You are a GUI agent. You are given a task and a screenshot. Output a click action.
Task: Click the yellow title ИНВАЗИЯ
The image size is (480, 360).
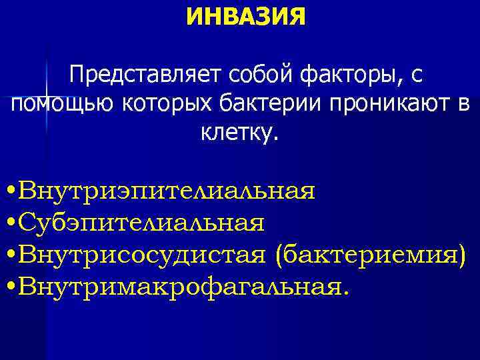click(x=247, y=16)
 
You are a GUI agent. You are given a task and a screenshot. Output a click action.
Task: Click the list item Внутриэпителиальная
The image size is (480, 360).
click(x=167, y=191)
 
